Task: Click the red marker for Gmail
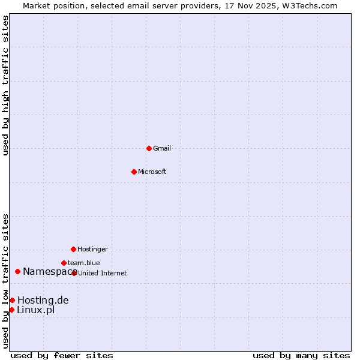coord(149,148)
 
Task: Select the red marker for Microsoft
coord(134,172)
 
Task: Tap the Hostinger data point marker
coord(73,249)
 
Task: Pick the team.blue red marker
coord(64,263)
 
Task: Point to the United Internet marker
coord(74,273)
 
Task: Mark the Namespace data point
coord(17,272)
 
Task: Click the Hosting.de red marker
coord(12,300)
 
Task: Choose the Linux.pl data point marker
coord(11,310)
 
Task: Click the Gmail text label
coord(162,149)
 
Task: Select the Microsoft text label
coord(152,172)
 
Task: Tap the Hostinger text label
coord(92,250)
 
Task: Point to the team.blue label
coord(84,263)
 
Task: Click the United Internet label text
coord(103,274)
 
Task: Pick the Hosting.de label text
coord(43,301)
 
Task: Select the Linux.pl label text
coord(36,310)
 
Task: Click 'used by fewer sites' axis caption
coord(62,355)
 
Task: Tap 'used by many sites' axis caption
coord(301,355)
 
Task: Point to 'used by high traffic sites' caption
coord(6,85)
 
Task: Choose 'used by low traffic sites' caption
coord(6,281)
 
